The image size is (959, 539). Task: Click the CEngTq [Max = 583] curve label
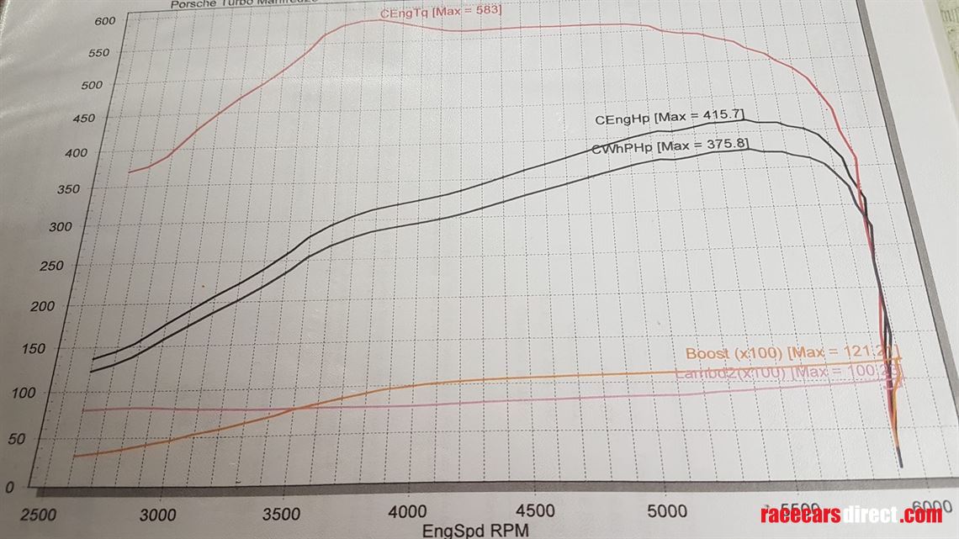point(441,12)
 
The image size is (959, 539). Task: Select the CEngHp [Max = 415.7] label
point(669,118)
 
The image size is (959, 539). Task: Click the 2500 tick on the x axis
point(39,515)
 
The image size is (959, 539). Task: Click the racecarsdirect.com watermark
point(850,515)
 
